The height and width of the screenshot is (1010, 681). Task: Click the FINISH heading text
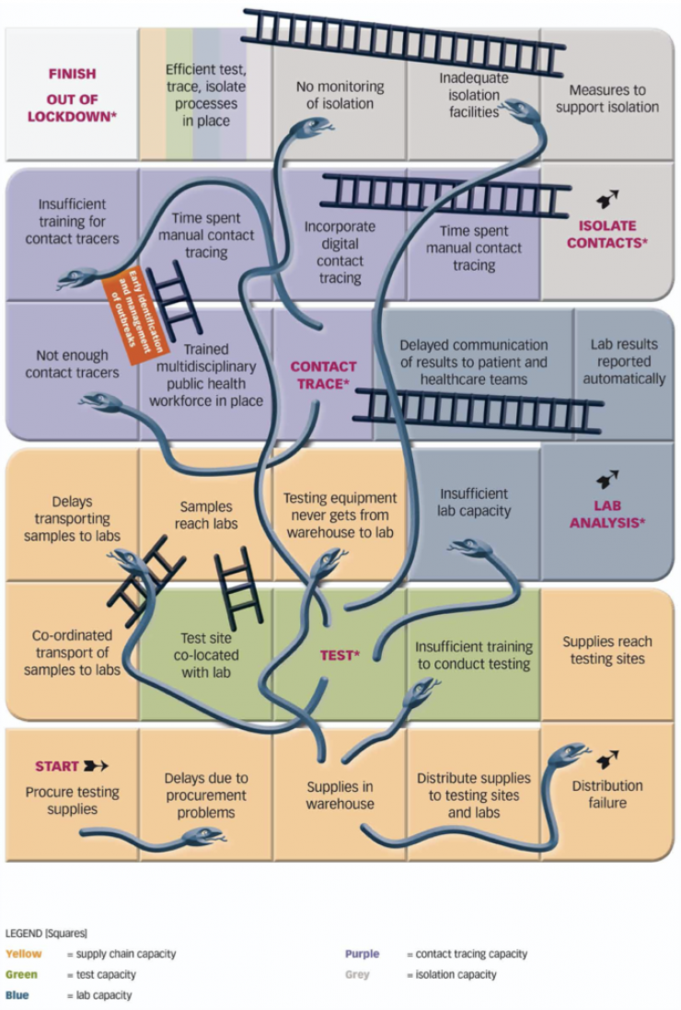click(x=72, y=74)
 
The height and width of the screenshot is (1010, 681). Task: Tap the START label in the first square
click(x=56, y=766)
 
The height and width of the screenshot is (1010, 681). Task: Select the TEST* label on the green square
click(x=339, y=656)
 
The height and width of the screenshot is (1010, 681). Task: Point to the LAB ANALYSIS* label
click(x=606, y=514)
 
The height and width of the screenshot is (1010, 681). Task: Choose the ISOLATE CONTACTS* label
click(x=608, y=234)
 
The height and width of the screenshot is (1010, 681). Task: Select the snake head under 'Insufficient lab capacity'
click(x=469, y=549)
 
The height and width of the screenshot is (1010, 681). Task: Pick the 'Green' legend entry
click(x=20, y=974)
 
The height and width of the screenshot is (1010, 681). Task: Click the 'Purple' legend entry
click(x=362, y=954)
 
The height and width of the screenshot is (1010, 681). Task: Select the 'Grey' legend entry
click(x=357, y=974)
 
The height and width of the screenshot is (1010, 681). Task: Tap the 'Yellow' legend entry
click(x=24, y=954)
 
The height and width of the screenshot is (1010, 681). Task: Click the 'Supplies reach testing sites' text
click(x=607, y=650)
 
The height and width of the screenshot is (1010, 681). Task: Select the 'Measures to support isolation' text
click(x=607, y=99)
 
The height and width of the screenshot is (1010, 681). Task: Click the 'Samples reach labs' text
click(x=206, y=515)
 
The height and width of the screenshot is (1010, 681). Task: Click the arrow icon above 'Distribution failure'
click(x=607, y=760)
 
